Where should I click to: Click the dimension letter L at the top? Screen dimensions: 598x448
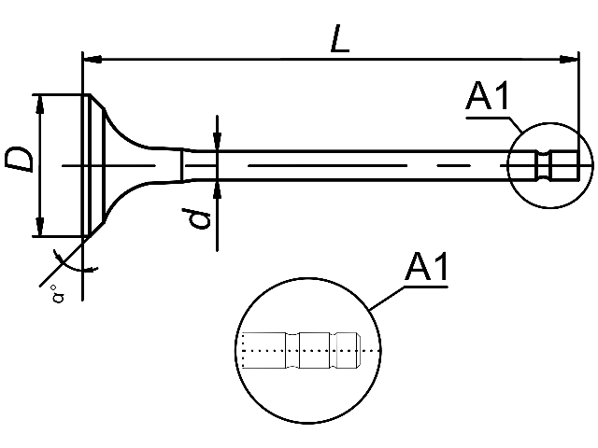[x=340, y=38]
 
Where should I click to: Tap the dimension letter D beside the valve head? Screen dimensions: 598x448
[x=18, y=160]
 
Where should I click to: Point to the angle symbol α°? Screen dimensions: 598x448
[x=58, y=294]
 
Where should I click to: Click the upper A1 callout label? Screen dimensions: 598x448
[x=487, y=95]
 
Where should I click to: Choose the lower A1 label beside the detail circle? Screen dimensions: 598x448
[x=426, y=266]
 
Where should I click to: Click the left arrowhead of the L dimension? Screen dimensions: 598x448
[x=93, y=60]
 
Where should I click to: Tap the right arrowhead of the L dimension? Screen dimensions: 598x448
[x=569, y=60]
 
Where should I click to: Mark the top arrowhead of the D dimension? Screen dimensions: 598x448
[x=39, y=105]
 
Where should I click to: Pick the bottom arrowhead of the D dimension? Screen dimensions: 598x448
[x=39, y=227]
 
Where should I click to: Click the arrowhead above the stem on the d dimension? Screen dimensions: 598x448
[x=217, y=141]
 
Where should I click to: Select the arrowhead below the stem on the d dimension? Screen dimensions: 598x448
[x=217, y=189]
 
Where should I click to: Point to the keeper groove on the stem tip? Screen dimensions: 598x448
[x=544, y=166]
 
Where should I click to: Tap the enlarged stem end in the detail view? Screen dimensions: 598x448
[x=301, y=351]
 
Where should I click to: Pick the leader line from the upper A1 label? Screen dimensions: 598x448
[x=496, y=119]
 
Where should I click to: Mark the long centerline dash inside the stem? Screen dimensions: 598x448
[x=327, y=166]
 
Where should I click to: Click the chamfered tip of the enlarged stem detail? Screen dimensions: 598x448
[x=359, y=351]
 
